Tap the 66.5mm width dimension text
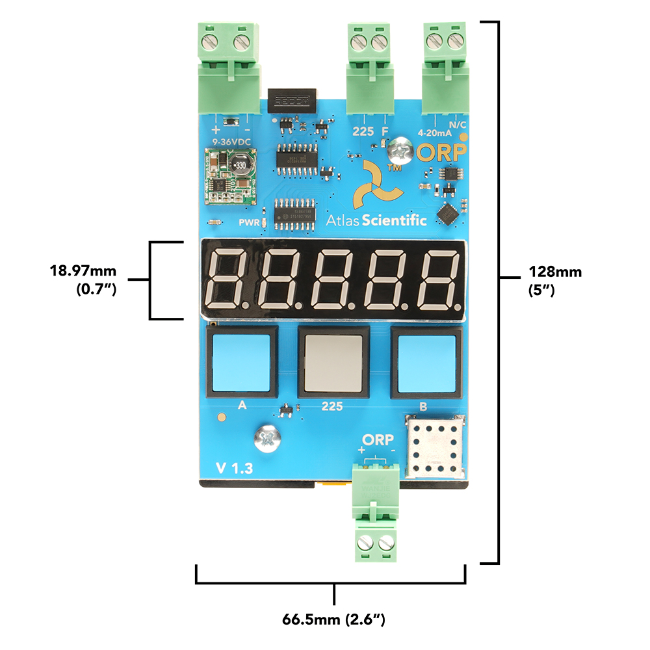334,619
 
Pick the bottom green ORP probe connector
376,513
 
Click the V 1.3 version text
235,467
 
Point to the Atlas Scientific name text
376,220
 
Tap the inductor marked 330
240,165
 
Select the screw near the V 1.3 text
268,439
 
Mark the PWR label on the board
249,223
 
